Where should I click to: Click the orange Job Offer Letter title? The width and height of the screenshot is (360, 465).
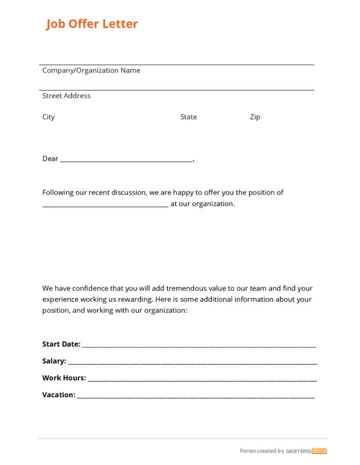click(x=92, y=24)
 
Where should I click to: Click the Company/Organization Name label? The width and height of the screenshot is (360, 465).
click(x=91, y=70)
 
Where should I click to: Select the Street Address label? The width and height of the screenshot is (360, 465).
click(x=66, y=96)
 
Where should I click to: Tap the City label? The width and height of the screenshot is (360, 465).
click(x=48, y=117)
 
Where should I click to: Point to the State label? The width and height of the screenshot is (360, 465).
click(x=188, y=117)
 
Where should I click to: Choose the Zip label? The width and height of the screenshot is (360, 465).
click(x=255, y=117)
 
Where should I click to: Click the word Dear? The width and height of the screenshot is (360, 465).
click(x=50, y=158)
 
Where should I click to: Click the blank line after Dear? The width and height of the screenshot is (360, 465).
click(x=126, y=160)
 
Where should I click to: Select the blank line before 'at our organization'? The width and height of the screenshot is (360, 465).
click(x=105, y=206)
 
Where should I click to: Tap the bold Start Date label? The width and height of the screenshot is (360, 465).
click(x=61, y=344)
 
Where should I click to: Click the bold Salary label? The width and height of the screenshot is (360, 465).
click(x=54, y=361)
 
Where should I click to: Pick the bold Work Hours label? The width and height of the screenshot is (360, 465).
click(x=64, y=378)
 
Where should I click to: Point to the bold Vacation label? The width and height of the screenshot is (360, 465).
click(x=59, y=395)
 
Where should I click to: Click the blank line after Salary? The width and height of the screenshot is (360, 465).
click(x=192, y=363)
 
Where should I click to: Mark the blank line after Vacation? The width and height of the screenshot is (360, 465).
click(x=196, y=397)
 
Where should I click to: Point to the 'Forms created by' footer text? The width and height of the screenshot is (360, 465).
click(x=262, y=451)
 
